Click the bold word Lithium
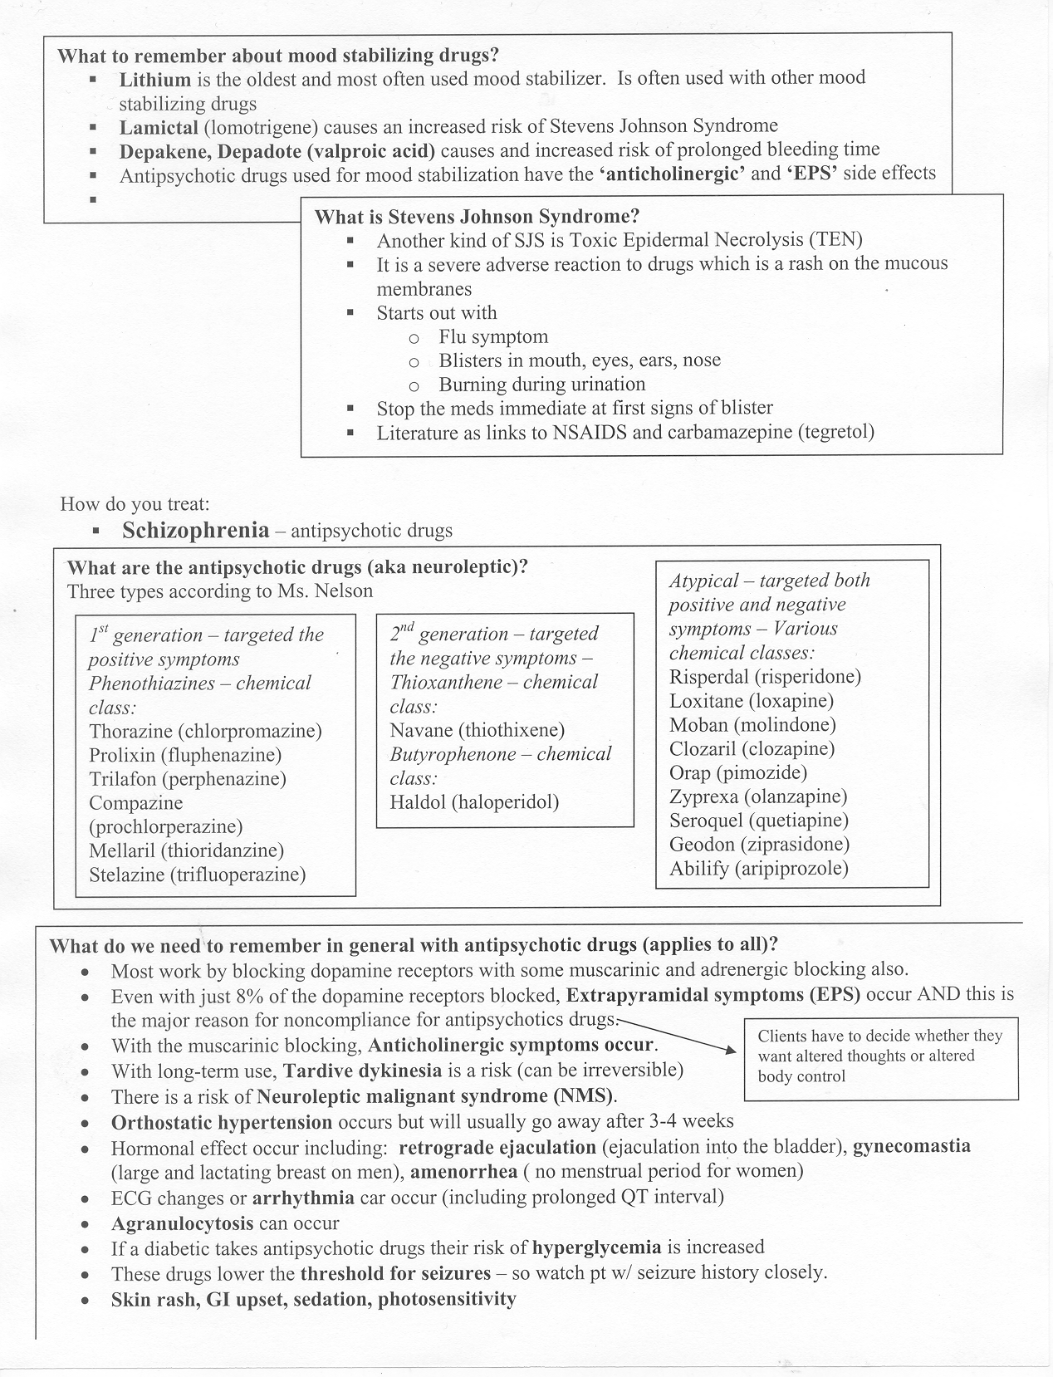pyautogui.click(x=154, y=79)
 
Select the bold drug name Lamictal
pyautogui.click(x=159, y=127)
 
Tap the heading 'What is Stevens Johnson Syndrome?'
pyautogui.click(x=477, y=217)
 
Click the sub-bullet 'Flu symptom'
pyautogui.click(x=493, y=337)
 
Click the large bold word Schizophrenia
pyautogui.click(x=196, y=530)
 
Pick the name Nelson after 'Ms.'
pyautogui.click(x=343, y=591)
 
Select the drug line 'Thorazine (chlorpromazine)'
pyautogui.click(x=205, y=732)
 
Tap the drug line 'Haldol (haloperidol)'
pyautogui.click(x=474, y=802)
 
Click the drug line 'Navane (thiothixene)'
pyautogui.click(x=477, y=731)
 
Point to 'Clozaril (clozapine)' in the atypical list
pyautogui.click(x=752, y=749)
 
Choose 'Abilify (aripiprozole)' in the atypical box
pyautogui.click(x=759, y=869)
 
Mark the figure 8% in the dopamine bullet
pyautogui.click(x=252, y=995)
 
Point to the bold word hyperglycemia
pyautogui.click(x=596, y=1247)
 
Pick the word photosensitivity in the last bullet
pyautogui.click(x=447, y=1299)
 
